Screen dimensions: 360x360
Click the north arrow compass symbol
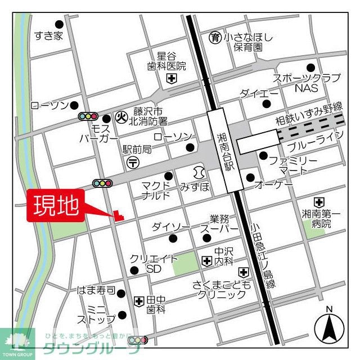coord(328,326)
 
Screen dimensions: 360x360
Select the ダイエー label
coord(259,93)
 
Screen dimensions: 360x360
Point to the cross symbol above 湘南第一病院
coord(319,201)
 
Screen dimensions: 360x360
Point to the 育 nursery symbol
coord(215,38)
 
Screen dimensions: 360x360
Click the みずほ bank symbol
coord(199,171)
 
